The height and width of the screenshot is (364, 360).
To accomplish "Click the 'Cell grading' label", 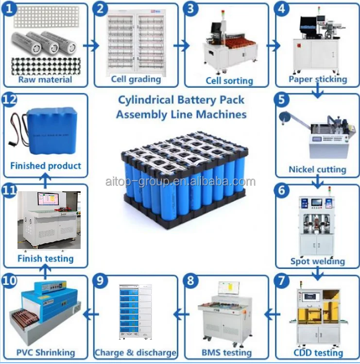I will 136,79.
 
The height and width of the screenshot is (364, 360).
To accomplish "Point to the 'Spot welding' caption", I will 317,261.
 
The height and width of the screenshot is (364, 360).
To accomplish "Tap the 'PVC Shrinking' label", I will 46,352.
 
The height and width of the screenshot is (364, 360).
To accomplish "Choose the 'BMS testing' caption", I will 226,352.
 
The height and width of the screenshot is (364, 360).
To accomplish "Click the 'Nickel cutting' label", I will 317,169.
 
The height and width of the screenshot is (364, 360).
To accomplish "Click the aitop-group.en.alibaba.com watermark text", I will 180,182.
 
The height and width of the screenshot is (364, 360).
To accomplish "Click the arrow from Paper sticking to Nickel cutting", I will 317,89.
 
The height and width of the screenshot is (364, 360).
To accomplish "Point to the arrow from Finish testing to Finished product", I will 45,180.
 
